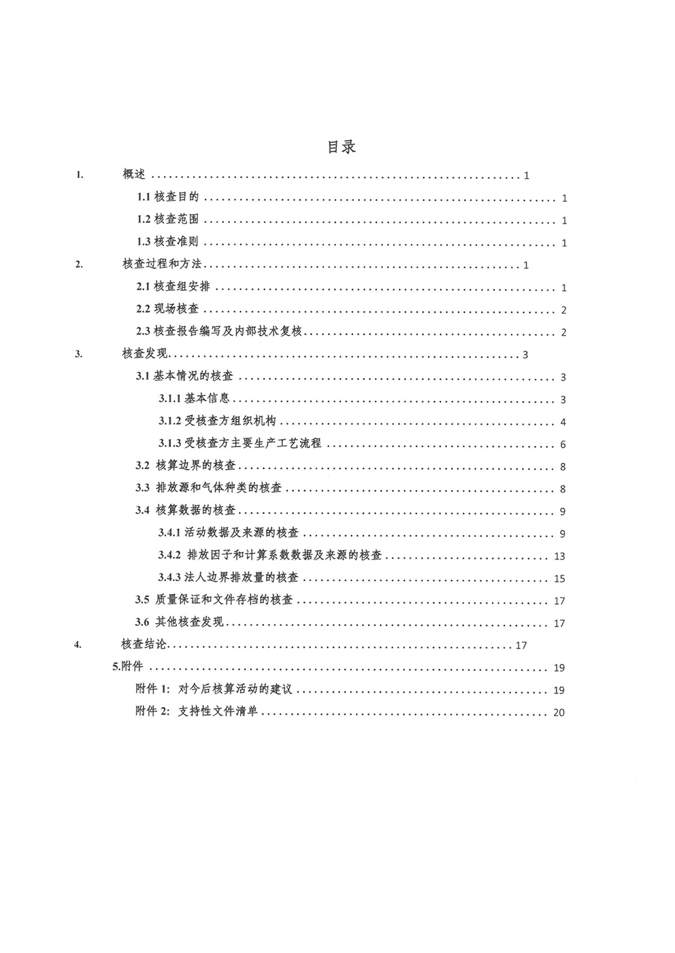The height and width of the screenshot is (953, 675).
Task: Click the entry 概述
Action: point(134,175)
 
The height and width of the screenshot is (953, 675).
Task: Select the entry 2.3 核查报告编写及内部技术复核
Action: point(218,332)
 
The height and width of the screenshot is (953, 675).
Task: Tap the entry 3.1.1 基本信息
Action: point(195,399)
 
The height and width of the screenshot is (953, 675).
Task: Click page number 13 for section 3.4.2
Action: point(560,556)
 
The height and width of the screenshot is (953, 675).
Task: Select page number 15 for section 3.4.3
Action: point(560,578)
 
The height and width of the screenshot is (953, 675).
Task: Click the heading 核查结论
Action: point(143,645)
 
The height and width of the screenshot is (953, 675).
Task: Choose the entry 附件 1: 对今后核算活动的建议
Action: point(214,690)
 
